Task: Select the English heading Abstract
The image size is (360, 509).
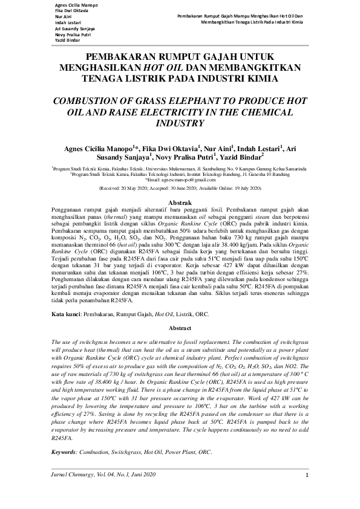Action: click(x=180, y=328)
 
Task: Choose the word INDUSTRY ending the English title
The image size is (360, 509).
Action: click(x=180, y=123)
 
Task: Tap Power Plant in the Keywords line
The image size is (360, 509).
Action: click(x=177, y=452)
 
